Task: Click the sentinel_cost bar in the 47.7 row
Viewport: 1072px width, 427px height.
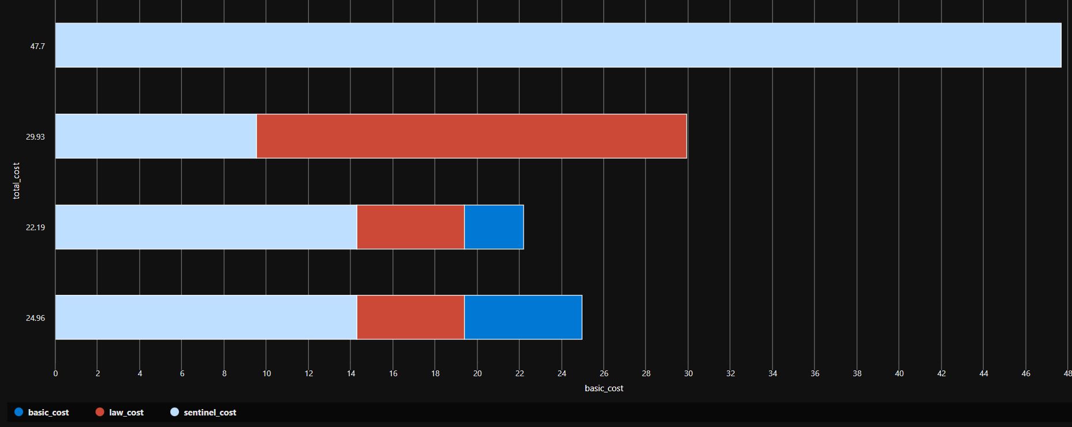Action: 558,45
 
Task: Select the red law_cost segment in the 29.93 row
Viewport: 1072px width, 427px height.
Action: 471,136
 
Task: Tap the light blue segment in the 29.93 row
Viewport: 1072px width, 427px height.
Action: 156,136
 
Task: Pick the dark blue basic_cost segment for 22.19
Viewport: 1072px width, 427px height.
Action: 494,227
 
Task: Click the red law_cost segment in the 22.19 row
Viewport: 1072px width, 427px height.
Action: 410,227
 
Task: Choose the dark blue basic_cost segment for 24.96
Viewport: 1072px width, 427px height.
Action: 523,317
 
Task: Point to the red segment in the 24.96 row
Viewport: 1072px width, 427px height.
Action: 410,317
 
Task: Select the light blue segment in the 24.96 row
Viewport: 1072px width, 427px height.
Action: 206,317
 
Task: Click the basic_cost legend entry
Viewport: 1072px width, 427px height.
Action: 42,413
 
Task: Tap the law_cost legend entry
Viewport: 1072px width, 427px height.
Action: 119,413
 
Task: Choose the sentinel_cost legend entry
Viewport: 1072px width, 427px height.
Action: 203,413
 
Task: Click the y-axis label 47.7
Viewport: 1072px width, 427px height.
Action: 38,46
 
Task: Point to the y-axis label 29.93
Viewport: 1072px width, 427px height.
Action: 35,137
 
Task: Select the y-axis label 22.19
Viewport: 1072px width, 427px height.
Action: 35,227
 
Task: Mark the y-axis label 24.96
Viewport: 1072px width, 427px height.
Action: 35,318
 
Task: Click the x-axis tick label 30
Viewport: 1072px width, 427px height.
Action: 688,373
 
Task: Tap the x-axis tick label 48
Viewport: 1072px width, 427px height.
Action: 1067,373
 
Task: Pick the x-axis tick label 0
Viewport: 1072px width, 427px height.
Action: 55,373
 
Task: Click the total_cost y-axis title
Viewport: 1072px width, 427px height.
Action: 16,181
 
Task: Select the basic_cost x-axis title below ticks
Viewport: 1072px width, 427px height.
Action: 604,388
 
